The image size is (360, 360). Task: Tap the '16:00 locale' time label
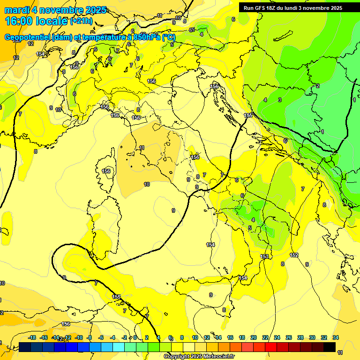[x=37, y=21]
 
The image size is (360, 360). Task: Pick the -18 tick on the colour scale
[x=32, y=337]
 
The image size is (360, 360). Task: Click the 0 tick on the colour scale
[x=135, y=337]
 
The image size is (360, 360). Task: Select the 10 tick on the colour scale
[x=195, y=337]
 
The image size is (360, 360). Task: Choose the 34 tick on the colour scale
[x=336, y=337]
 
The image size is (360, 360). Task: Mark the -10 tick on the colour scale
[x=79, y=337]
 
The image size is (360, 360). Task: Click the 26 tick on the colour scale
[x=289, y=337]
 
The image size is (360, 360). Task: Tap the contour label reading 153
[x=265, y=256]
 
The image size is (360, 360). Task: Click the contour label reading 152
[x=294, y=255]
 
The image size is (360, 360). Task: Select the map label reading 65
[x=192, y=30]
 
